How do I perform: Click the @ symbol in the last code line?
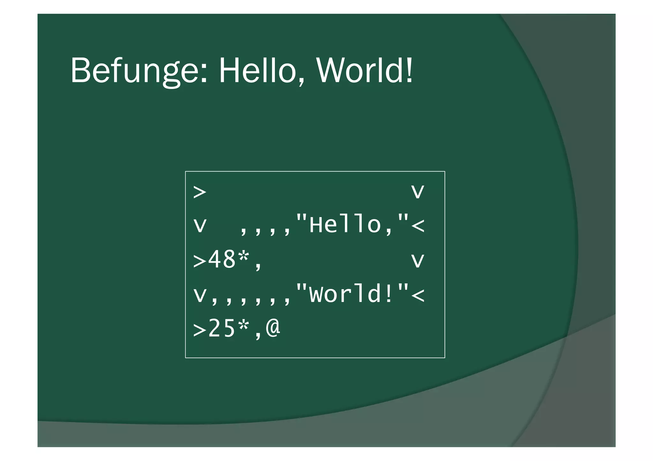273,328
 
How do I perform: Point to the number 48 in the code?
222,259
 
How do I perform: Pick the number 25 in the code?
222,329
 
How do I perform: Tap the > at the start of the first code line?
200,192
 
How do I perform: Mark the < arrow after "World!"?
418,295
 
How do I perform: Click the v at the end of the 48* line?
418,261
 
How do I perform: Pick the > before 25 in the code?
200,330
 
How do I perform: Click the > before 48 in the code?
200,261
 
